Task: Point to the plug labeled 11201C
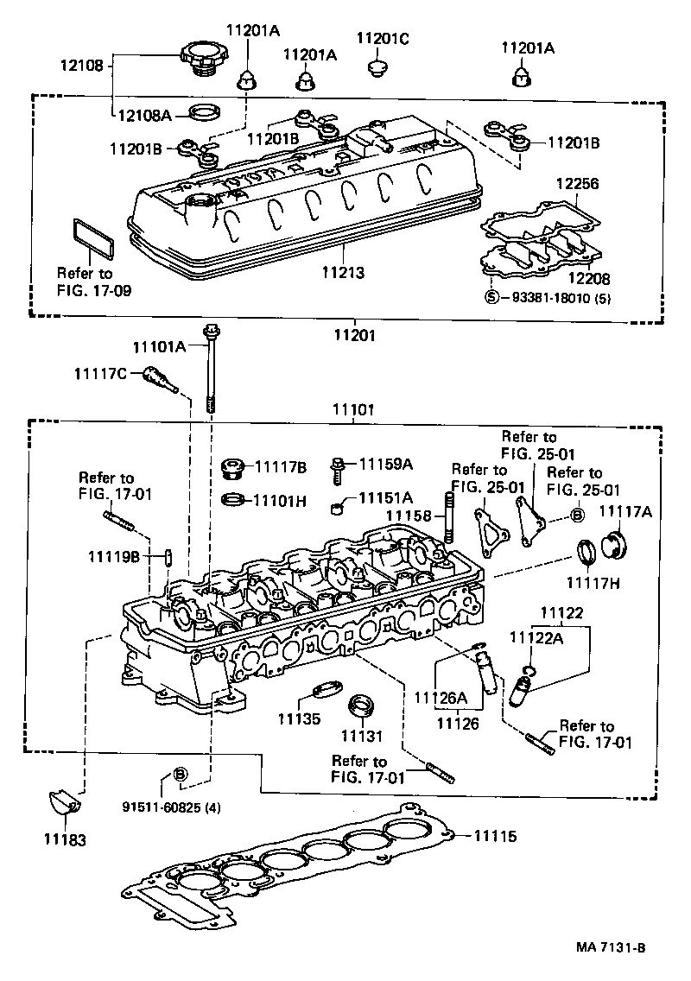[x=376, y=67]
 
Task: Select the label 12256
[x=577, y=185]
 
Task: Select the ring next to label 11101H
[x=231, y=499]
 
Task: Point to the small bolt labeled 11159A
[x=339, y=466]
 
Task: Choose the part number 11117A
[x=624, y=512]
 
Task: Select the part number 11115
[x=494, y=836]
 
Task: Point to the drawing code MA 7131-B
[x=612, y=947]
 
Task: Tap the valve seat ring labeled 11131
[x=360, y=705]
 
